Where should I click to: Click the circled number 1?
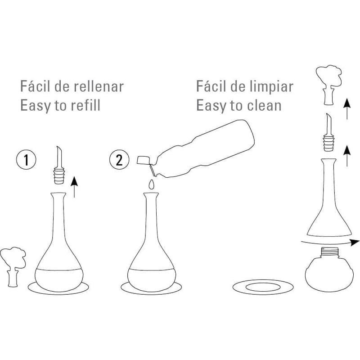[26, 160]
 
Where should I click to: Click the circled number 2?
[119, 160]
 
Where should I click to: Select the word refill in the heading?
[85, 105]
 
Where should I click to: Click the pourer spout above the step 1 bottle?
[59, 165]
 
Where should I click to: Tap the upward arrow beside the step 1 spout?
[74, 187]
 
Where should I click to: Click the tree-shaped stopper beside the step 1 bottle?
[13, 266]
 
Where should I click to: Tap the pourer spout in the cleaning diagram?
[329, 132]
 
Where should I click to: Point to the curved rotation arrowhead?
[355, 242]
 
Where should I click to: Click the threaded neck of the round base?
[329, 252]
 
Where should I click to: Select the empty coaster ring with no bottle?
[263, 287]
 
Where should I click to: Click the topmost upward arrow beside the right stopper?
[347, 108]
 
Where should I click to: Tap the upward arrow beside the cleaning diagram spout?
[347, 156]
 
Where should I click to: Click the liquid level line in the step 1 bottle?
[59, 269]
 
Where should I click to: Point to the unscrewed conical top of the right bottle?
[329, 197]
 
